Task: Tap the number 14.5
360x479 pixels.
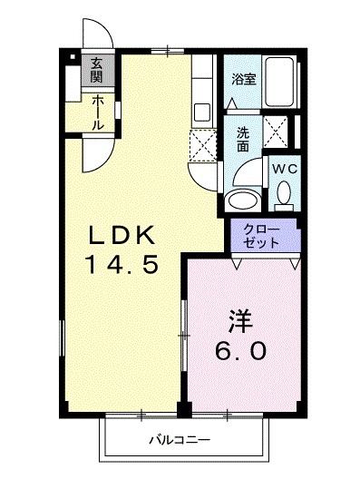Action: click(x=124, y=266)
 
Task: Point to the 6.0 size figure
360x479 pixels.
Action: click(x=240, y=351)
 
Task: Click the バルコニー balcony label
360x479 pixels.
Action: click(x=178, y=442)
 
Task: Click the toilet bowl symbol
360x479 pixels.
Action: click(x=283, y=193)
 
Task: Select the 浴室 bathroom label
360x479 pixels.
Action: click(x=243, y=79)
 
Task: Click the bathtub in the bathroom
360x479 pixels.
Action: click(x=283, y=83)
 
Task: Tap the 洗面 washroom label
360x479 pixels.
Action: click(x=244, y=139)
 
